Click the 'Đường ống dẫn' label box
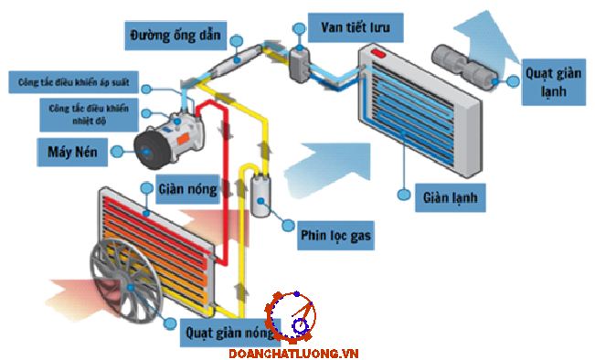tap(175, 36)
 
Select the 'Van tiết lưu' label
tap(356, 27)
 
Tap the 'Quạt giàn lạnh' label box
tap(554, 82)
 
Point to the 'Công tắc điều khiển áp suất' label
tap(74, 82)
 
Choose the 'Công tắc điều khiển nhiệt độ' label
tap(89, 114)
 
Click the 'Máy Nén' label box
tap(72, 152)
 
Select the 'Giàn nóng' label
tap(188, 189)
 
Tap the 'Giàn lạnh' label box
tap(451, 197)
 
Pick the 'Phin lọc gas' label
tap(335, 236)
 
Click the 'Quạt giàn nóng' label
tap(230, 333)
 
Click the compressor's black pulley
tap(150, 151)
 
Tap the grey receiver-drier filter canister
tap(260, 196)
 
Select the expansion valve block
tap(300, 65)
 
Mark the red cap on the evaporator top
tap(378, 54)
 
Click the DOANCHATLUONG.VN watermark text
tap(293, 354)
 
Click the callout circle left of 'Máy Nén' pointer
tap(117, 152)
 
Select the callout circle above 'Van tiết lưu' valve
tap(299, 29)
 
